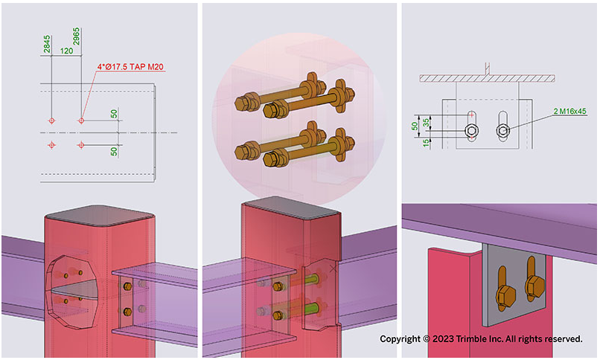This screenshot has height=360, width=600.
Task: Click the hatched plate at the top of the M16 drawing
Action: [x=488, y=77]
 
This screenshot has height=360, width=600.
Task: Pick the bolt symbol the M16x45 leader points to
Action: [x=504, y=131]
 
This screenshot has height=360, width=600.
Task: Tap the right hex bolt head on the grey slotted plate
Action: [x=532, y=285]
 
